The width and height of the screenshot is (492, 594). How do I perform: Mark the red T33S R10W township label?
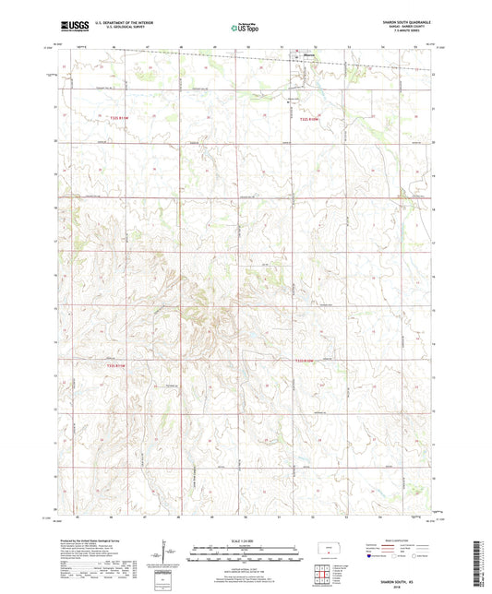click(307, 360)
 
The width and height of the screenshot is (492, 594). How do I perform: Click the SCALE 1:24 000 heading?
click(246, 541)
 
